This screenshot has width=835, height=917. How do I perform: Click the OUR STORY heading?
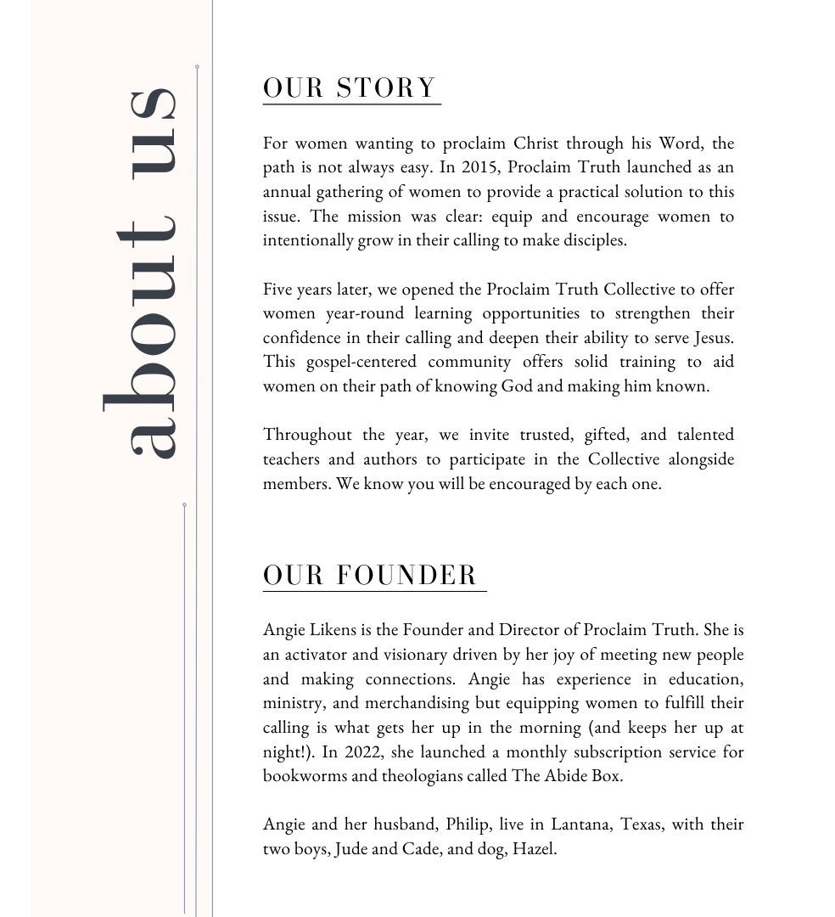click(350, 88)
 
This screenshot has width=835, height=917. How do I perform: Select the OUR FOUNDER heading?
click(371, 575)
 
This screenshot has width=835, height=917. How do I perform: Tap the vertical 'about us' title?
click(140, 272)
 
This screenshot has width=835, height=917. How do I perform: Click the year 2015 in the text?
click(479, 167)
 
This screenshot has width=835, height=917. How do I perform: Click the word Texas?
click(642, 824)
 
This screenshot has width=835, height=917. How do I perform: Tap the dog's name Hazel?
click(534, 849)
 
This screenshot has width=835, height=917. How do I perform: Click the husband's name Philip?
click(468, 824)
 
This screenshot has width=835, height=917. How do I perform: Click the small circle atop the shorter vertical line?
click(184, 505)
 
